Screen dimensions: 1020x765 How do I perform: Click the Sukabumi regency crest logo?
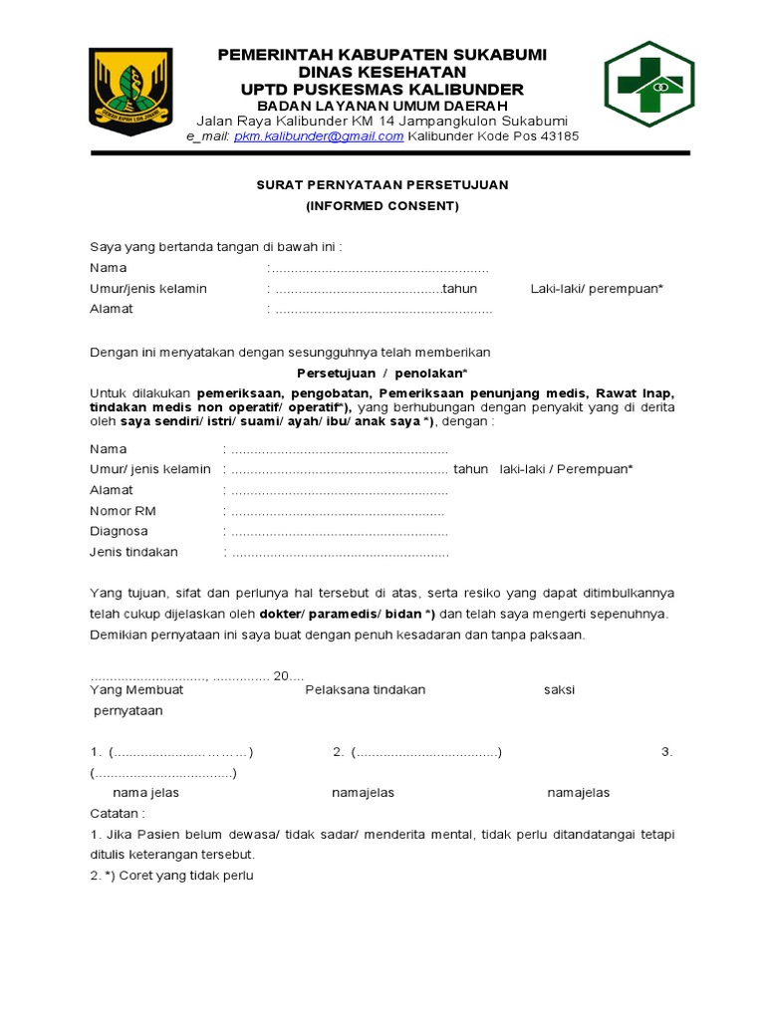point(129,88)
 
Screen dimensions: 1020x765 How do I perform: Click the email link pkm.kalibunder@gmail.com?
point(319,136)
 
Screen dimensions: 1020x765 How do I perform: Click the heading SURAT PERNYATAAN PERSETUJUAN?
point(382,185)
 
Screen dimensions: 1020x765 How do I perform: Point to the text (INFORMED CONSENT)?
point(382,206)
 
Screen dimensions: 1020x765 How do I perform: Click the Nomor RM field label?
point(123,511)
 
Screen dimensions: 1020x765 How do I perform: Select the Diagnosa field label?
point(119,531)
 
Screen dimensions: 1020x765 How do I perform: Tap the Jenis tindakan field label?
point(133,552)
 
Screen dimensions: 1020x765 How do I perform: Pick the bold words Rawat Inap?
point(641,393)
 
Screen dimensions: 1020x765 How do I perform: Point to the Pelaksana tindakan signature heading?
point(366,689)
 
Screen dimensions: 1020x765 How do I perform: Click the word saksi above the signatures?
point(559,689)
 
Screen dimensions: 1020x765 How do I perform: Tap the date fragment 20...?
point(283,675)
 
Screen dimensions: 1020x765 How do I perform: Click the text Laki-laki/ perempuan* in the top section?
point(597,289)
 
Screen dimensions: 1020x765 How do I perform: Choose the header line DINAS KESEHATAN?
point(382,72)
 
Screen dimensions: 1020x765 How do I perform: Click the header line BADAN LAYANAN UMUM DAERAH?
point(382,106)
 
